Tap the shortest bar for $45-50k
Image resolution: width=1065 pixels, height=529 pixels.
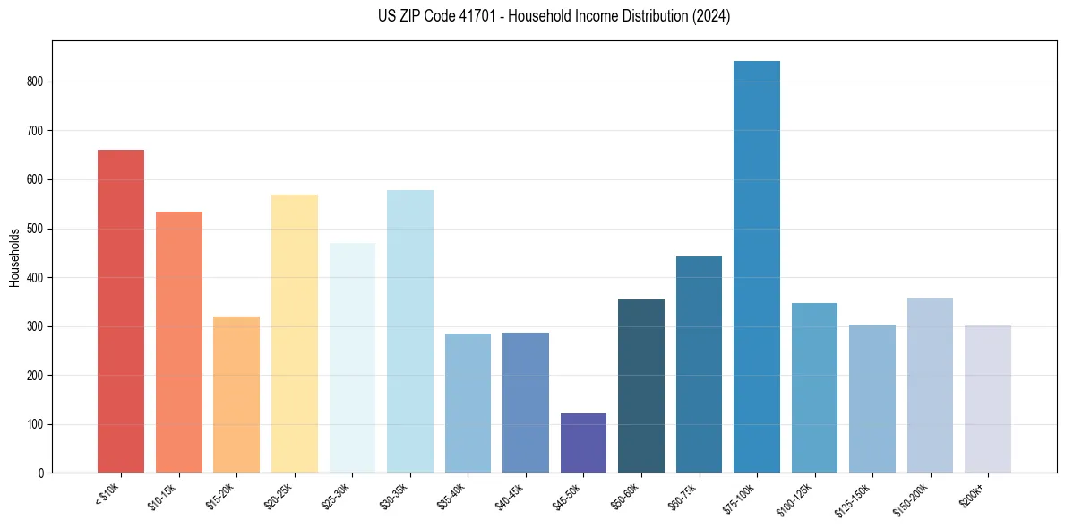coord(583,443)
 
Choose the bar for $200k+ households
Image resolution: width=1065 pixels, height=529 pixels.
coord(988,399)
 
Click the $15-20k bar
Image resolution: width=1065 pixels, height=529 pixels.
coord(236,395)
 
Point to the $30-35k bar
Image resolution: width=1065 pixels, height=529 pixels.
coord(410,332)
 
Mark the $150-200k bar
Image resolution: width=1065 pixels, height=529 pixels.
coord(930,386)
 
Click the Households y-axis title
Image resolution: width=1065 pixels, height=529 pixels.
coord(14,257)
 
